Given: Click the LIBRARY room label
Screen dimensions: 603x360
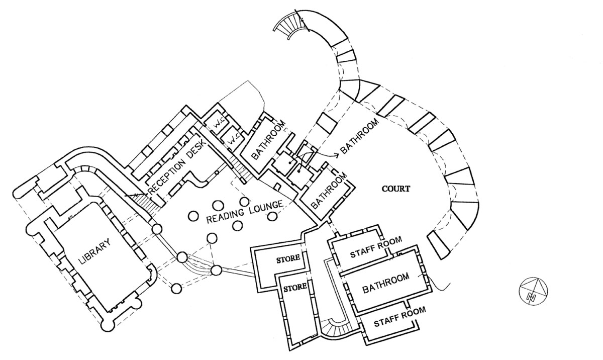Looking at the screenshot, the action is click(94, 251).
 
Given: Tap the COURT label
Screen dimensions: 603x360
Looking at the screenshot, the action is click(396, 189).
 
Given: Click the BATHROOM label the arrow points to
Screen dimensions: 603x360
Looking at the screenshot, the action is click(360, 136).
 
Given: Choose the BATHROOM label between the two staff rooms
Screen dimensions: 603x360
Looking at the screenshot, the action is click(386, 283).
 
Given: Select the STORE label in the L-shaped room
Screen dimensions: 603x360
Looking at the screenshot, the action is click(288, 258).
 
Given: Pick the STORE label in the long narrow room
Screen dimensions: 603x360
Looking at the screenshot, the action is click(295, 287).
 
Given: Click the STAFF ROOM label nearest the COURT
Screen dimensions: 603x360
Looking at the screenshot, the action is click(376, 247).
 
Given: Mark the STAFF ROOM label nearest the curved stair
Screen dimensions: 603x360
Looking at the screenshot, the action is click(400, 317).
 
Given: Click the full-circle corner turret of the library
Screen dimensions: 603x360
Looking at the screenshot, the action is click(107, 326).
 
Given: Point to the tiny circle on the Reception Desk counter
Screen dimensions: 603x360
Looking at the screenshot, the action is click(216, 172).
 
